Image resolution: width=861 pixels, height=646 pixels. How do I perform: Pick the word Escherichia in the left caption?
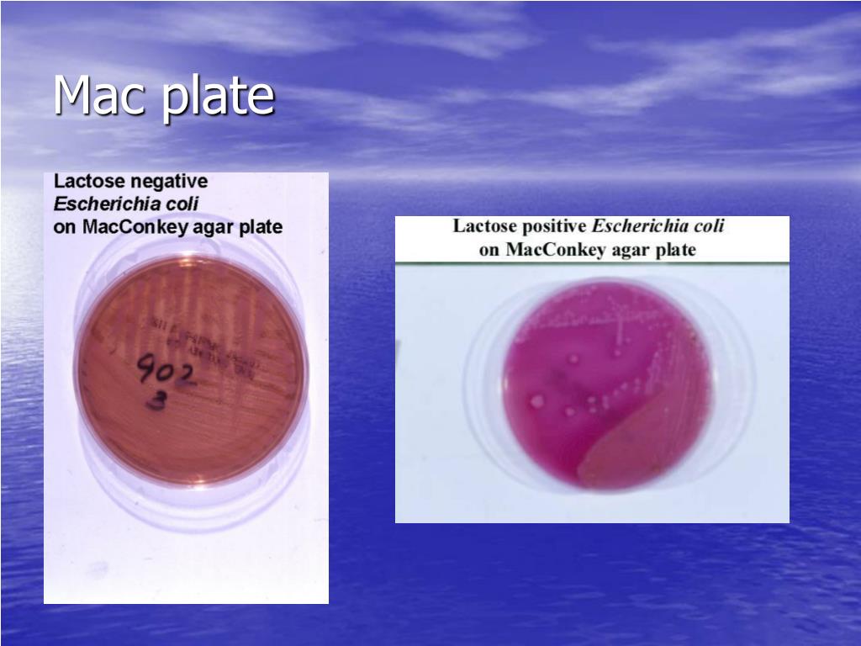[x=103, y=204]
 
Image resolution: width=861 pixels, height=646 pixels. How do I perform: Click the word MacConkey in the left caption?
[x=129, y=227]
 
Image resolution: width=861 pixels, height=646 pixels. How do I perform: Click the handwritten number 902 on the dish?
[x=165, y=371]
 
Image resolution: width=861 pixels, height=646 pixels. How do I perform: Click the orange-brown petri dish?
[x=192, y=370]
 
